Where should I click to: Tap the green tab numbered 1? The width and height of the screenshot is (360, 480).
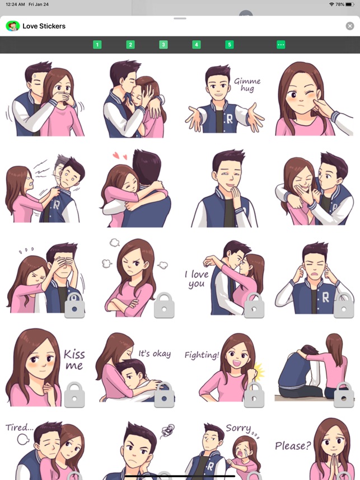coord(97,45)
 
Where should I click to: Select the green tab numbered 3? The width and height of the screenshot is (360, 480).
coord(163,45)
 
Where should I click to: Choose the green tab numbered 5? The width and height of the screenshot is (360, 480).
coord(230,45)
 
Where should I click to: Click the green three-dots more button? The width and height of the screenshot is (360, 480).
coord(281,45)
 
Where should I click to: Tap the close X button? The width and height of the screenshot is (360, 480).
coord(350,26)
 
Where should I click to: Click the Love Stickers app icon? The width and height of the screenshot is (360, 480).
coord(12,26)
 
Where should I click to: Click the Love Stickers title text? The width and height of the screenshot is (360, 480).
coord(44,26)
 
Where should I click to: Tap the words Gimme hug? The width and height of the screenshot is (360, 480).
coord(247,85)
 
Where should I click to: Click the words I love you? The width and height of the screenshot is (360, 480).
coord(197,279)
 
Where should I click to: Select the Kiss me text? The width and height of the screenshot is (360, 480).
coord(74,360)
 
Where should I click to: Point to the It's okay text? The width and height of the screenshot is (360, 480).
coord(155,354)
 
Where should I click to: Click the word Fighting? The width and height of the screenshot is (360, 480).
coord(202,355)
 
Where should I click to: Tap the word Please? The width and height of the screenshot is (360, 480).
coord(293,446)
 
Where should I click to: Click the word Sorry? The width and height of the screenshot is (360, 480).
coord(239,428)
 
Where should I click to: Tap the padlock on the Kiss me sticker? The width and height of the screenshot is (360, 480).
coord(74,394)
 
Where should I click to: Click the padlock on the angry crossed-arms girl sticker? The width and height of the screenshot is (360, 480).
coord(164,305)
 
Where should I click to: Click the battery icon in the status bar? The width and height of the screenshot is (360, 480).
coord(350,4)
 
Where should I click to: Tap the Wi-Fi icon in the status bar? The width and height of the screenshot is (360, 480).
coord(331,4)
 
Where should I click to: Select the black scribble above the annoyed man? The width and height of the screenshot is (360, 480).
coord(167,430)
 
